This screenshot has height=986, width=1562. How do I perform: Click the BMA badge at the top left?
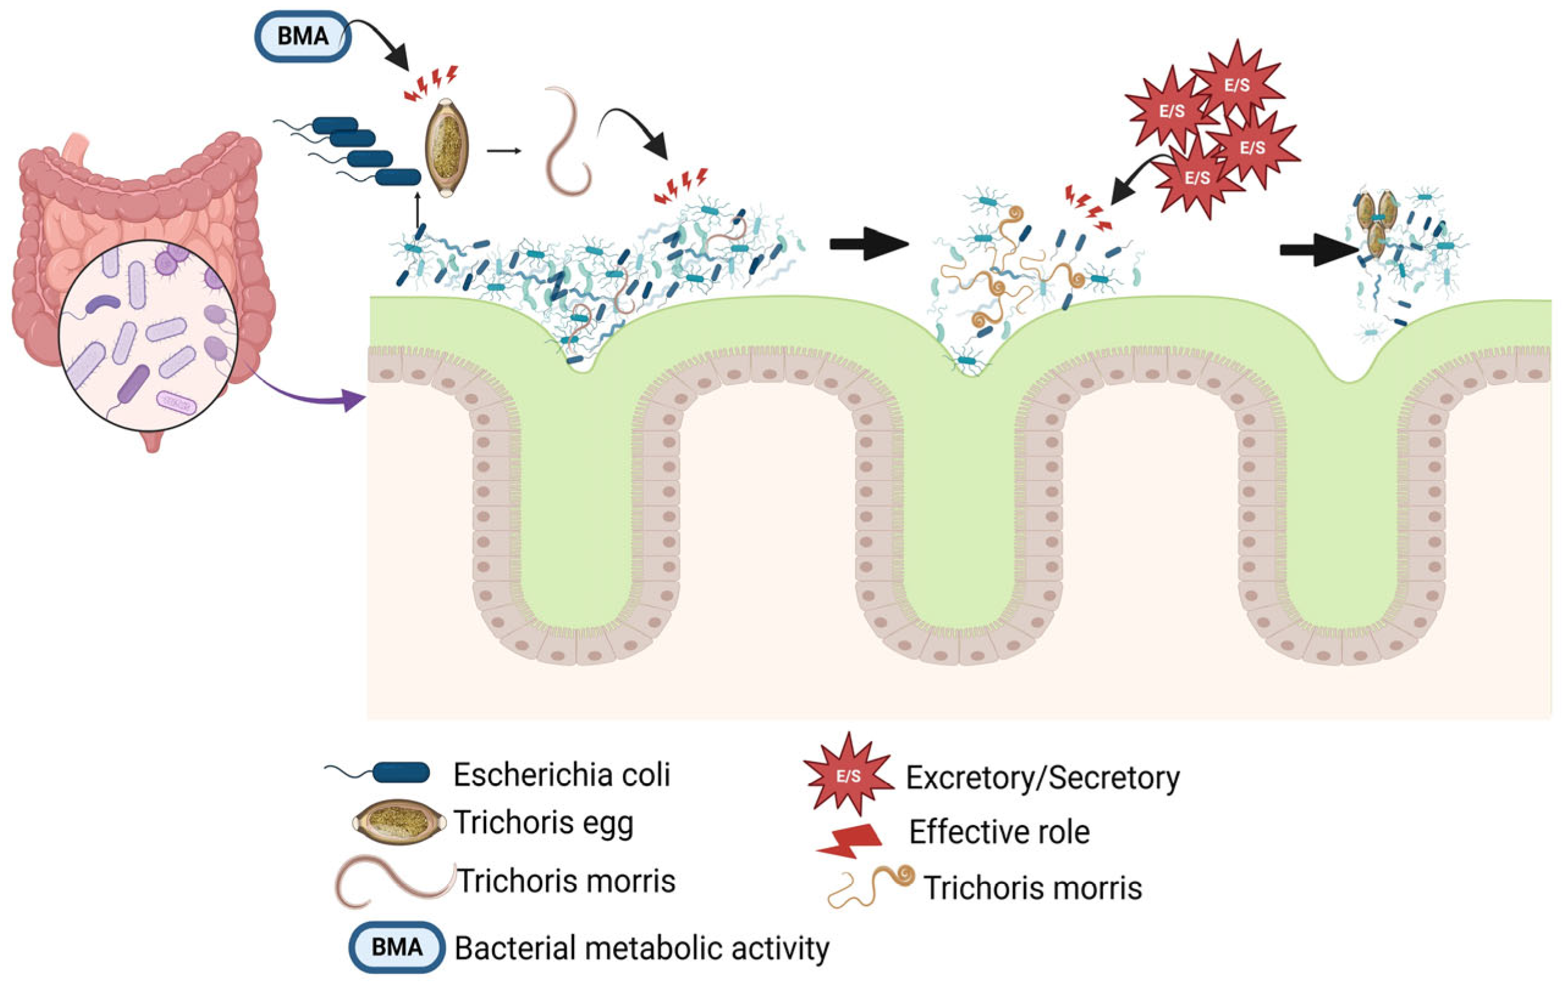click(302, 37)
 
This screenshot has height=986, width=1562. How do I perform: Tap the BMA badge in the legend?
click(397, 947)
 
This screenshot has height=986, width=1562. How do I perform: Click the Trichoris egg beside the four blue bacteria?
click(446, 148)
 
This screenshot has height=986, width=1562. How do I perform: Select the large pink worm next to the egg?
click(565, 143)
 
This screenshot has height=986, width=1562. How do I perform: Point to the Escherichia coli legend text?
click(561, 775)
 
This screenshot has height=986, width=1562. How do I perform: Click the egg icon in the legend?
click(399, 822)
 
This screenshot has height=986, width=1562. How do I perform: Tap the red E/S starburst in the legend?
click(848, 775)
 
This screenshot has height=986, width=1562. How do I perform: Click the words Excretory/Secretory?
click(1042, 777)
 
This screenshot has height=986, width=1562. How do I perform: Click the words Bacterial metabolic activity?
click(642, 948)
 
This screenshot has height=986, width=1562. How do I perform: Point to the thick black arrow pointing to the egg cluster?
click(1317, 250)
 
